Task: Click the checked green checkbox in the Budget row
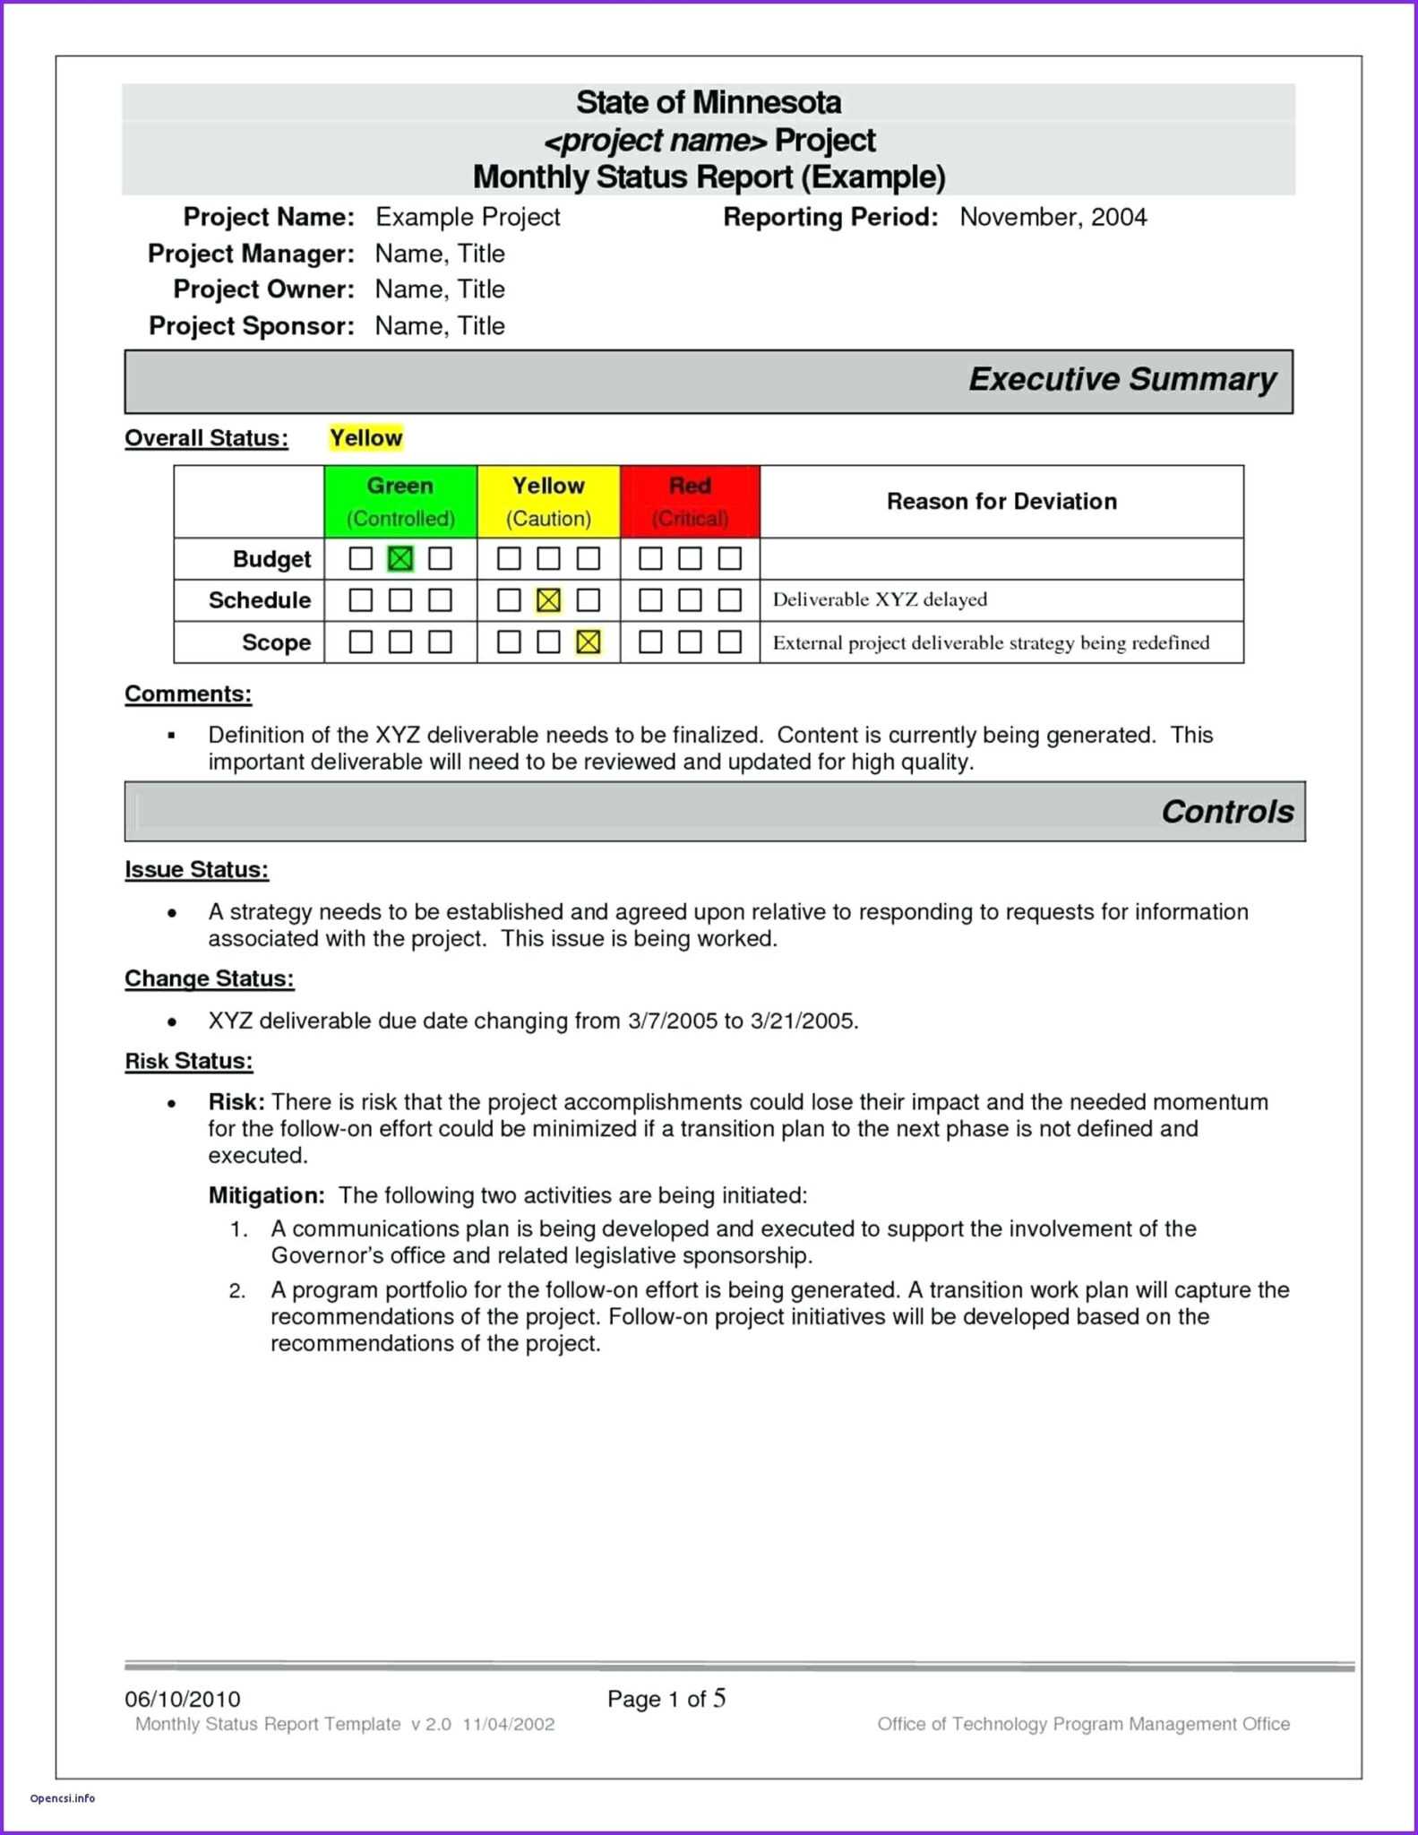click(400, 559)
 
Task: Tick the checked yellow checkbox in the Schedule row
click(548, 600)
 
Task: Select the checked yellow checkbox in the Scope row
click(589, 642)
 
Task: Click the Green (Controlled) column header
click(400, 501)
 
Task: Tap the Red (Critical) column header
click(690, 501)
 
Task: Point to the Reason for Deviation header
click(1001, 501)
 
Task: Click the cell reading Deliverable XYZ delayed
click(880, 599)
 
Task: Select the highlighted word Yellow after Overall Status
click(365, 437)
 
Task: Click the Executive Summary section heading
click(1122, 379)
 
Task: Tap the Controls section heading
click(1226, 811)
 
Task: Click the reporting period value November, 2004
click(1053, 217)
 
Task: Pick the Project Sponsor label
click(252, 325)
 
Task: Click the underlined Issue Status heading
click(196, 869)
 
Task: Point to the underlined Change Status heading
click(209, 978)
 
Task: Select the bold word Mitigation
click(266, 1195)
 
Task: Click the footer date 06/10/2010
click(183, 1699)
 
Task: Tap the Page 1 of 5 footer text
click(666, 1699)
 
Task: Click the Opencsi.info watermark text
click(63, 1798)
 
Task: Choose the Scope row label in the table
click(276, 642)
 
